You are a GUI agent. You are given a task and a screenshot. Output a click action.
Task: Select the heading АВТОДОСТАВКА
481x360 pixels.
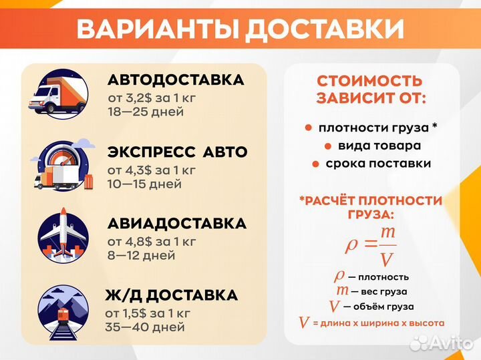(x=176, y=80)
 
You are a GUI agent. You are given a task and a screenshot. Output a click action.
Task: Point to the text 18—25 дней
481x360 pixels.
(x=146, y=112)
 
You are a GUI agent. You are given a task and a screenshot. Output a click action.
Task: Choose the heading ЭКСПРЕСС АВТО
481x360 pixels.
(x=177, y=152)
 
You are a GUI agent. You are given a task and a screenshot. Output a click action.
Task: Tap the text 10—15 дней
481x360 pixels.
(x=144, y=184)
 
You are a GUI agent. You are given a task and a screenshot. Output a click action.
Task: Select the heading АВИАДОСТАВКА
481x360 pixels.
(x=177, y=224)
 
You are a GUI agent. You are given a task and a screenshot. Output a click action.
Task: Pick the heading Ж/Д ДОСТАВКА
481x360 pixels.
(x=171, y=295)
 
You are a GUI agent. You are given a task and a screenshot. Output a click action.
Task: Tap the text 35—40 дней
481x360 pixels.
(x=144, y=327)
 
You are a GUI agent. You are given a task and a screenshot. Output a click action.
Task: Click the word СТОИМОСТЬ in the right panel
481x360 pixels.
(x=369, y=81)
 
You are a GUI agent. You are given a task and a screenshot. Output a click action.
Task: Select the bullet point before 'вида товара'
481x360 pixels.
(x=327, y=146)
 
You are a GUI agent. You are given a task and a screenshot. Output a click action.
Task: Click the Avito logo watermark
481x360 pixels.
(x=442, y=342)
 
